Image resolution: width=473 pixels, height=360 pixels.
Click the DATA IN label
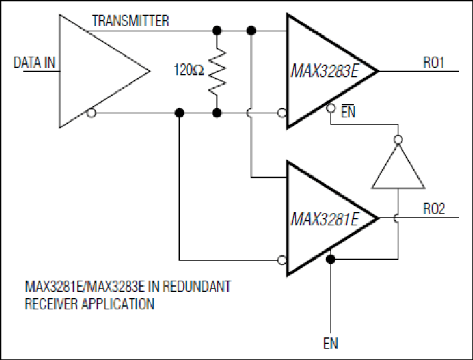click(35, 63)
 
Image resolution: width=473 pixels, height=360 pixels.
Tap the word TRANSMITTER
click(131, 21)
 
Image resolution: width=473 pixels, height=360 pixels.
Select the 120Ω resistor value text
click(189, 70)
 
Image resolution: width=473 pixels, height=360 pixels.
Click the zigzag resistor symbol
click(217, 72)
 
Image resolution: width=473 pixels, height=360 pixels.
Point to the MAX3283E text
click(325, 71)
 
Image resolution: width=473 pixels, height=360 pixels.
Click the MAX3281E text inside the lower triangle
click(324, 219)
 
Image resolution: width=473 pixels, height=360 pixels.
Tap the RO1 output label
click(434, 63)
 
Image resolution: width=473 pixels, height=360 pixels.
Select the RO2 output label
click(434, 209)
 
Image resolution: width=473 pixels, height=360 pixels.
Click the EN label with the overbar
click(348, 111)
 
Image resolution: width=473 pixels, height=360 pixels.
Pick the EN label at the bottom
click(330, 343)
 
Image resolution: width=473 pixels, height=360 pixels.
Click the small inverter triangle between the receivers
click(398, 166)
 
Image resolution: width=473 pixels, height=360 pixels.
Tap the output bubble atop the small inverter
click(398, 140)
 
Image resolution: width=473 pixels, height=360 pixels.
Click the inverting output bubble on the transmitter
click(91, 113)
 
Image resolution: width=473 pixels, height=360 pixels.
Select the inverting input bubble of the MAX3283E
click(282, 113)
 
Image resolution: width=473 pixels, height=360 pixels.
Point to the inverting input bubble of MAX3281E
click(282, 260)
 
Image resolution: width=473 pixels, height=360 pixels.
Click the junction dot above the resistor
click(217, 31)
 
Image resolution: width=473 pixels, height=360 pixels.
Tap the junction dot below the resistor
click(217, 113)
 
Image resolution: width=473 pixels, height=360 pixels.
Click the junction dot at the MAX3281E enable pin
click(330, 259)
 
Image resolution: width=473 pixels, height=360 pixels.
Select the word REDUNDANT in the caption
click(197, 287)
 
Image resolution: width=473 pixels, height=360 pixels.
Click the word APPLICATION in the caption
click(118, 304)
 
